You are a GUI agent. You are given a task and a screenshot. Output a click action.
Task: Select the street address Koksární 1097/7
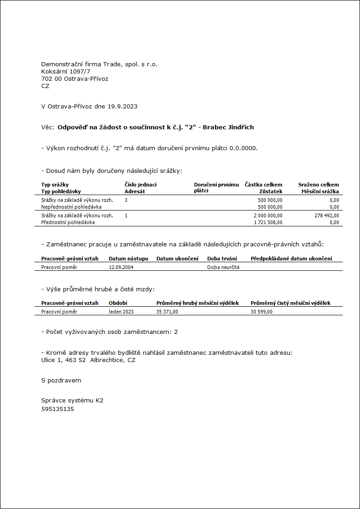tap(66, 72)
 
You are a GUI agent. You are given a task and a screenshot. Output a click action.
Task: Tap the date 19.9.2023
tap(122, 107)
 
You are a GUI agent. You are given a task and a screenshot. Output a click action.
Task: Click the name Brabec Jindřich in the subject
tap(228, 127)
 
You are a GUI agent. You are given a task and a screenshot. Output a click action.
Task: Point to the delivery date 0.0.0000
tap(243, 148)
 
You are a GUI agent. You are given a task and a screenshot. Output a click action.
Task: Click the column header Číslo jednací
tap(141, 185)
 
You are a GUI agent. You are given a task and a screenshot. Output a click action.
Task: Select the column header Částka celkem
tap(263, 185)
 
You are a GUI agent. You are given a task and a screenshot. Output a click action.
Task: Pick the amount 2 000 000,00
tap(268, 216)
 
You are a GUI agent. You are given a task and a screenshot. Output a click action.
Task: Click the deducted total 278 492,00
tap(326, 216)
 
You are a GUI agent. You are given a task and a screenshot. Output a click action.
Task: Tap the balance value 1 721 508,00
tap(268, 223)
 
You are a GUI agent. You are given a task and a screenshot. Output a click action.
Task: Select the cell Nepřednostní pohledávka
tap(71, 207)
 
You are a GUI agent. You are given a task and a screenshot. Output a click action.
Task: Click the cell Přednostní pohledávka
tap(68, 223)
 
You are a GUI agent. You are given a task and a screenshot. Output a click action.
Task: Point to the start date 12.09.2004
tap(121, 268)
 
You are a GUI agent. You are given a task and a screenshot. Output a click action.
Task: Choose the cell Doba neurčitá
tap(223, 268)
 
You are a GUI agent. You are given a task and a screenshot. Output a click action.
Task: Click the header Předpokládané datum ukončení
tap(291, 259)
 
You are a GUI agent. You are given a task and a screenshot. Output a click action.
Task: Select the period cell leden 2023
tap(122, 312)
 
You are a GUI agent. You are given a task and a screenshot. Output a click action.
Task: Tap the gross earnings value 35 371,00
tap(167, 312)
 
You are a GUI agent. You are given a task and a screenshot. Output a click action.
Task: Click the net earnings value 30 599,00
tap(262, 312)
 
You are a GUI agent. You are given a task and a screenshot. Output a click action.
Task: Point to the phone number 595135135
tap(58, 409)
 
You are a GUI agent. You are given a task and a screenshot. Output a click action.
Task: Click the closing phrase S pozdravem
tap(61, 381)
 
